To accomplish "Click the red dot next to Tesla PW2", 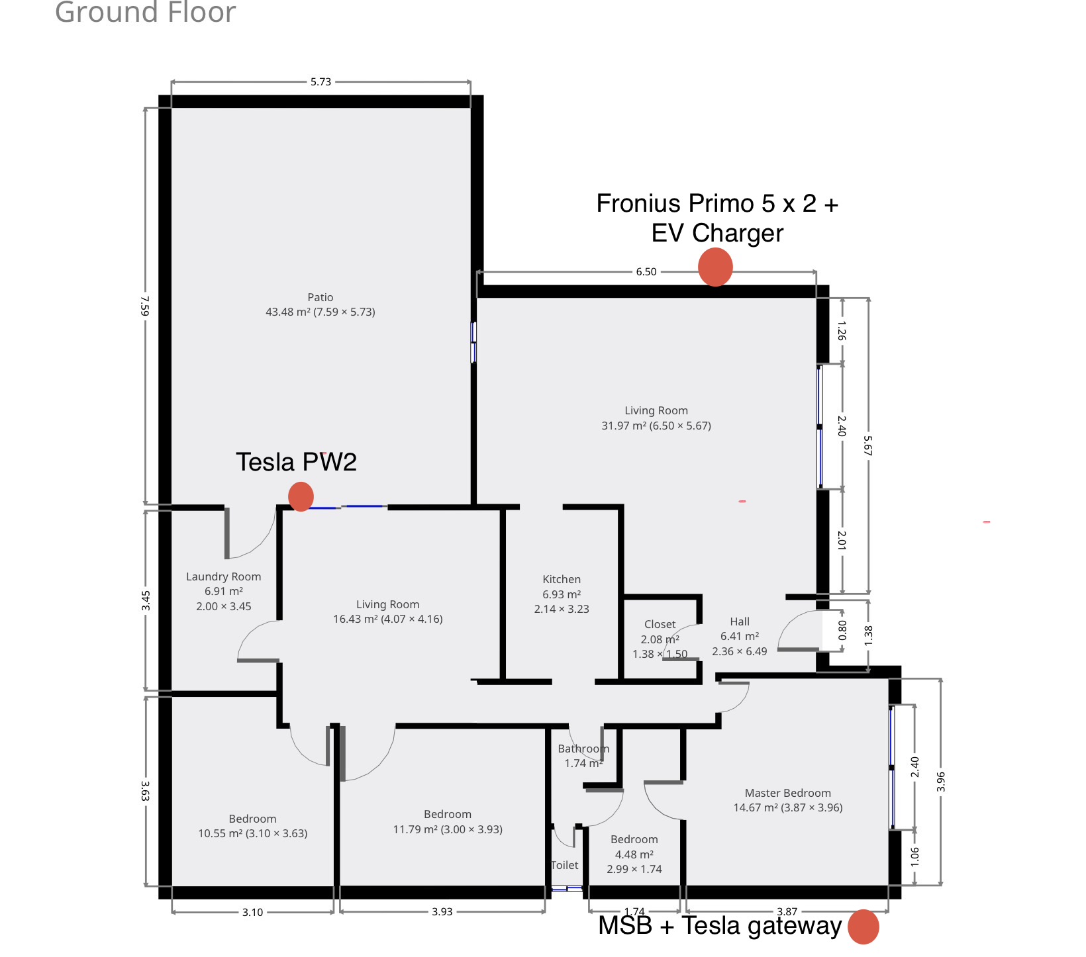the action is coord(301,496).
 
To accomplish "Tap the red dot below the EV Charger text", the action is coord(715,267).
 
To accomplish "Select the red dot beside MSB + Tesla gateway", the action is coord(864,927).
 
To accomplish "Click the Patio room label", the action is coord(321,298).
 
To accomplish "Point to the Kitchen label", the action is coord(562,579).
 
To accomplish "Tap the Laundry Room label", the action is coord(224,577).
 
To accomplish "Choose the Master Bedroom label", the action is coord(788,793).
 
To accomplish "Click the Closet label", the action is coord(660,624).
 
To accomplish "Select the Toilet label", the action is coord(565,865).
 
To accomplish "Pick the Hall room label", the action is coord(740,621).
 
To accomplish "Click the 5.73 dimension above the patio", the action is coord(321,82).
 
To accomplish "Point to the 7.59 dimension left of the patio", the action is coord(146,306).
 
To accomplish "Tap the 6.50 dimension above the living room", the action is coord(646,272).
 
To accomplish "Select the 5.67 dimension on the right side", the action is coord(868,445).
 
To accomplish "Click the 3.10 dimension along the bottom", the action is coord(252,912).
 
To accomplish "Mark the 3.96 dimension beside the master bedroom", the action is coord(941,782).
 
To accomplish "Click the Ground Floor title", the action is coord(145,12).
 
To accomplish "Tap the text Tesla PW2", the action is coord(296,462).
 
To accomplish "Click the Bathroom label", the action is coord(583,749).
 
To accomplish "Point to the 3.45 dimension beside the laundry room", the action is coord(146,601).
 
